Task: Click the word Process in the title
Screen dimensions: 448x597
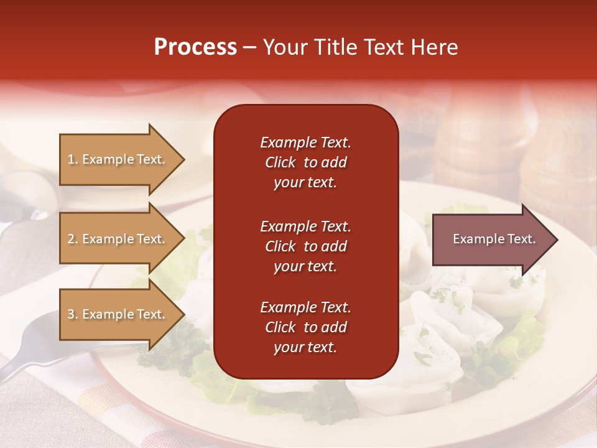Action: pyautogui.click(x=195, y=47)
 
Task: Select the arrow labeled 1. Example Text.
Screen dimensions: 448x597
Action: pyautogui.click(x=116, y=159)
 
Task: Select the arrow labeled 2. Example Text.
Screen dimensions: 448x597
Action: pyautogui.click(x=116, y=239)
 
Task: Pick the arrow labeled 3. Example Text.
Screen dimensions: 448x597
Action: pyautogui.click(x=116, y=314)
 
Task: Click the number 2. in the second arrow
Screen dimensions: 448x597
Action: pyautogui.click(x=73, y=239)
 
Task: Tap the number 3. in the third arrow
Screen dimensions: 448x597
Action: pyautogui.click(x=73, y=314)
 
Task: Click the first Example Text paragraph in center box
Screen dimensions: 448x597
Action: pyautogui.click(x=305, y=162)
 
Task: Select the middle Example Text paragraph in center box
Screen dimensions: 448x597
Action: pyautogui.click(x=305, y=246)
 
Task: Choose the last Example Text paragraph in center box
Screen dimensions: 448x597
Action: pyautogui.click(x=305, y=327)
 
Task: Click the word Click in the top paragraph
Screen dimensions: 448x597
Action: pyautogui.click(x=280, y=162)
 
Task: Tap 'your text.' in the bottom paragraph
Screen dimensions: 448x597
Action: pyautogui.click(x=305, y=347)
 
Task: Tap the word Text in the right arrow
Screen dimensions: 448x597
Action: pyautogui.click(x=522, y=239)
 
